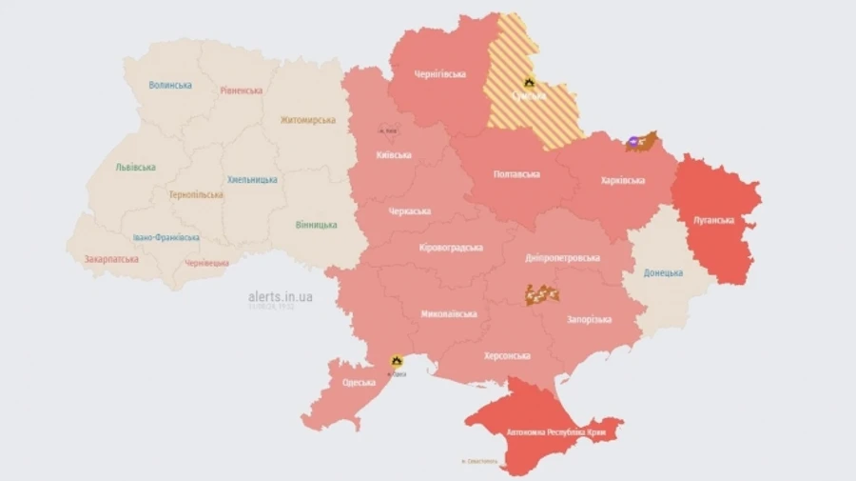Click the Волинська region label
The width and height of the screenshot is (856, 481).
(170, 85)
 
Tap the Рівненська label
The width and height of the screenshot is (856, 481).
(241, 90)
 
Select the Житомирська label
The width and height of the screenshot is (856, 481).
(307, 120)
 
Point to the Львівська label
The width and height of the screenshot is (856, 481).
(135, 167)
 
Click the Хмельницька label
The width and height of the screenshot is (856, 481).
(252, 179)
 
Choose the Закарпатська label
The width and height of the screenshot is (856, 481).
(111, 258)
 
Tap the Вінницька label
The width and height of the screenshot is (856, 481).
(315, 225)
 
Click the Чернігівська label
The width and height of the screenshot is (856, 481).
(439, 74)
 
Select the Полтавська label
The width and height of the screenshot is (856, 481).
(516, 174)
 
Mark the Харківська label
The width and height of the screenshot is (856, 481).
(623, 180)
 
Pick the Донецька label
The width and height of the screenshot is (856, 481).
(662, 272)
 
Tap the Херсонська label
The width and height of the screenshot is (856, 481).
(507, 354)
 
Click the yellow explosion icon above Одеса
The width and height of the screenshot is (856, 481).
(397, 361)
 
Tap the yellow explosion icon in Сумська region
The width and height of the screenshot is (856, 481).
(529, 83)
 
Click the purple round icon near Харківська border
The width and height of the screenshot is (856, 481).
(632, 145)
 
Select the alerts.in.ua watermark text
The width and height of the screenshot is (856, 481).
(280, 296)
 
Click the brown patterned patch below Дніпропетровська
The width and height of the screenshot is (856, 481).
(540, 294)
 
